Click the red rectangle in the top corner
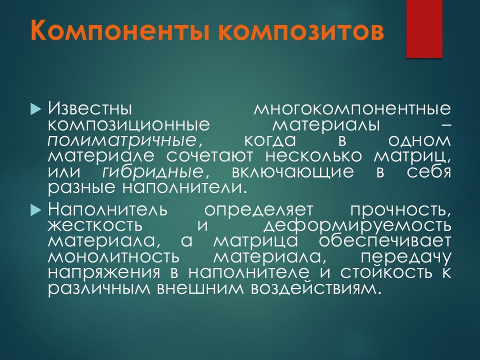(x=424, y=29)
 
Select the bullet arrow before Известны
(x=35, y=109)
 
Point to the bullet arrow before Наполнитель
(x=35, y=210)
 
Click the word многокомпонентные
(x=352, y=109)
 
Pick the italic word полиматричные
(x=122, y=141)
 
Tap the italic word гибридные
(x=152, y=172)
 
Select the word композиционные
(x=129, y=125)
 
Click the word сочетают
(x=210, y=156)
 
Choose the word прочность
(x=400, y=210)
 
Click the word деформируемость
(x=357, y=226)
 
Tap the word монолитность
(x=113, y=257)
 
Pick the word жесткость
(x=95, y=225)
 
